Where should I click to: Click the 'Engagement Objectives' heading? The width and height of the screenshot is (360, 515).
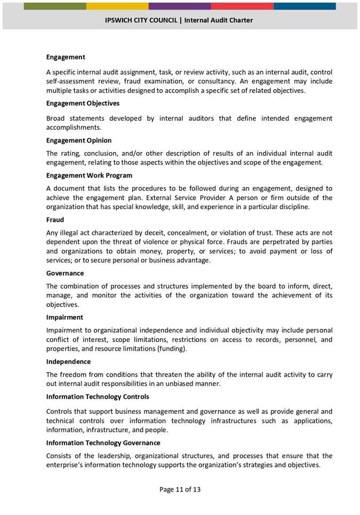pos(83,104)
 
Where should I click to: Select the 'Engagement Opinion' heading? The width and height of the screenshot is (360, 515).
pos(79,140)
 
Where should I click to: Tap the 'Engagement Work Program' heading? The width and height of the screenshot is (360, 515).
pos(89,176)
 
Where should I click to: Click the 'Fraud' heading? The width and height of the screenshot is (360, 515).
pos(55,220)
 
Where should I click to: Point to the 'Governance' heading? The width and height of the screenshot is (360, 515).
pos(65,273)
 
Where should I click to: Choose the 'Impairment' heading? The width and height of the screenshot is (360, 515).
pos(65,317)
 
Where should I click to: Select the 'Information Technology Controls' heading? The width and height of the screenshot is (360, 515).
pos(98,397)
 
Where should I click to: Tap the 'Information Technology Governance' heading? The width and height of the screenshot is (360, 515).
pos(103,443)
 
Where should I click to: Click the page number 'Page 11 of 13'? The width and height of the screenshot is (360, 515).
pos(180,489)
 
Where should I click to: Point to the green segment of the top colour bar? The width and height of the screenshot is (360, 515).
pos(55,6)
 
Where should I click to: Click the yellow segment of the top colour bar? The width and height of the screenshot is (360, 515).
pos(117,6)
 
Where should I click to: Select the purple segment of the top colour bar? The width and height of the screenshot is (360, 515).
pos(180,6)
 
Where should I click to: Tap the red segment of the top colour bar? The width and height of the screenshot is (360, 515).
pos(242,6)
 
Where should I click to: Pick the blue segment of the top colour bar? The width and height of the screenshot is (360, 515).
pos(305,6)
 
